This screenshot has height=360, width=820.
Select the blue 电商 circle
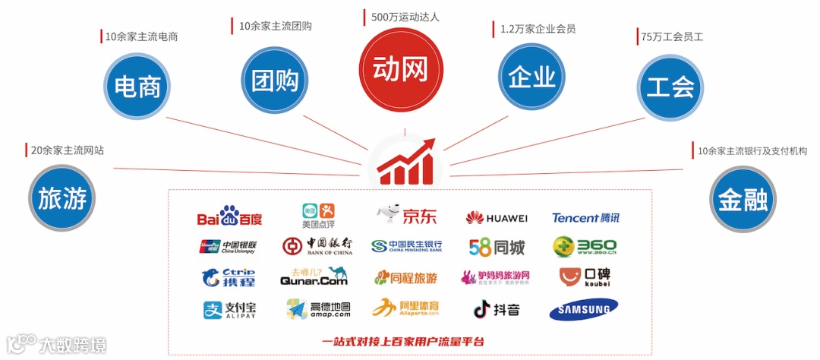tap(137, 85)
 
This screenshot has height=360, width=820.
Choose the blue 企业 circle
tap(532, 78)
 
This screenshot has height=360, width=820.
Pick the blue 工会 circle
tap(671, 86)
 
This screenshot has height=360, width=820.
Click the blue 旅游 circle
tap(62, 199)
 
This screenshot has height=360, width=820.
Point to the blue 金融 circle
tap(743, 199)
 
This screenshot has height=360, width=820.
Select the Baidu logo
tap(229, 218)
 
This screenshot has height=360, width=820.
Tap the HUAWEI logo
tap(497, 219)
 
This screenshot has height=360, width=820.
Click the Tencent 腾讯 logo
tap(585, 218)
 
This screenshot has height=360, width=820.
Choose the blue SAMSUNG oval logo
tap(583, 310)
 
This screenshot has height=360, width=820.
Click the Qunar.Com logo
tap(314, 277)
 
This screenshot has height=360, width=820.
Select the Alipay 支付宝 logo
tap(229, 310)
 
